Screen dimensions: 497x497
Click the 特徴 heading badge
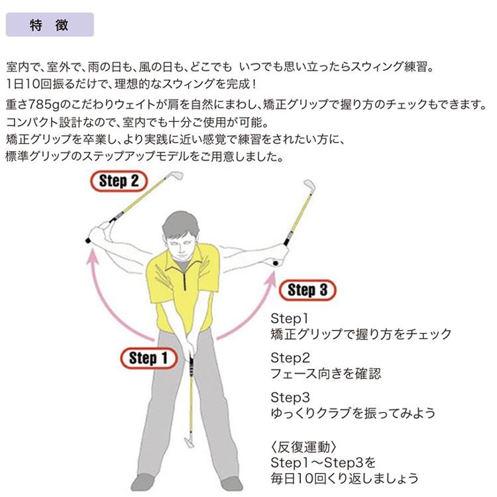click(50, 25)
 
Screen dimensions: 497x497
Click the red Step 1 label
click(148, 359)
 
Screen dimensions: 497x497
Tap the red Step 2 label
click(119, 181)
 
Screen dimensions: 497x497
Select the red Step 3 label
click(307, 290)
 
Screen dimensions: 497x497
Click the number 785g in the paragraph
click(42, 105)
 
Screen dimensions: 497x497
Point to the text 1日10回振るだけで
click(60, 86)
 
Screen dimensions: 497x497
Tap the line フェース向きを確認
click(326, 373)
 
